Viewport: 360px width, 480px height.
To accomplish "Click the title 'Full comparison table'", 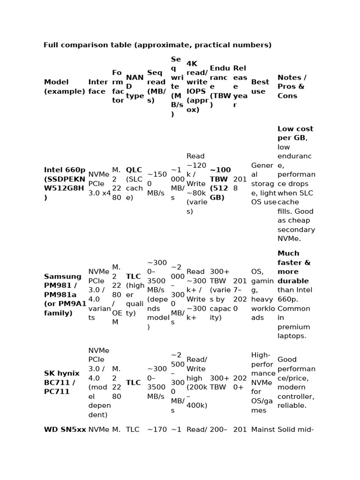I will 157,45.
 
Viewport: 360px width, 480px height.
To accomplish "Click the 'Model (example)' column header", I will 65,87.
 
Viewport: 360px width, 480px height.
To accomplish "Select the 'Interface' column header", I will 98,87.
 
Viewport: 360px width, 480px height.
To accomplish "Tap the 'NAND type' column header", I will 135,87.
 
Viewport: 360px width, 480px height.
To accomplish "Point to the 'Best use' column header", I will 260,87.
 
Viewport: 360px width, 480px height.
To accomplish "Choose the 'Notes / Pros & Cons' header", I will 292,87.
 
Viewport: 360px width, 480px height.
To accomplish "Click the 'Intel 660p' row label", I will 65,184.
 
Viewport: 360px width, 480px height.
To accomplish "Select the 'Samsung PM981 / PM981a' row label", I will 65,294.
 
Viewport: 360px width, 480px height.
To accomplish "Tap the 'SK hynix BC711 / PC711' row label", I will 62,382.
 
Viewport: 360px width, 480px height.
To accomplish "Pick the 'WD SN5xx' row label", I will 65,429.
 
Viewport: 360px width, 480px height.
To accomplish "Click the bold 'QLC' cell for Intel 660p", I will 134,170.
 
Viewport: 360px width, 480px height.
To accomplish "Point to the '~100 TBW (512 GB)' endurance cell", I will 219,184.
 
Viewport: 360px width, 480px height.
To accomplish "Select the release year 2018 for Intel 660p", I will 240,184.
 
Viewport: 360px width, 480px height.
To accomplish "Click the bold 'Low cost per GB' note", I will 295,133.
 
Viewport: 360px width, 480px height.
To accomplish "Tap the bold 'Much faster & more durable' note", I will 294,267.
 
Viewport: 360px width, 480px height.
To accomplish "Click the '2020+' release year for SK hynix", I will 240,382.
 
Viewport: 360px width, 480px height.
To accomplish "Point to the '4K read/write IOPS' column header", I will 197,87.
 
